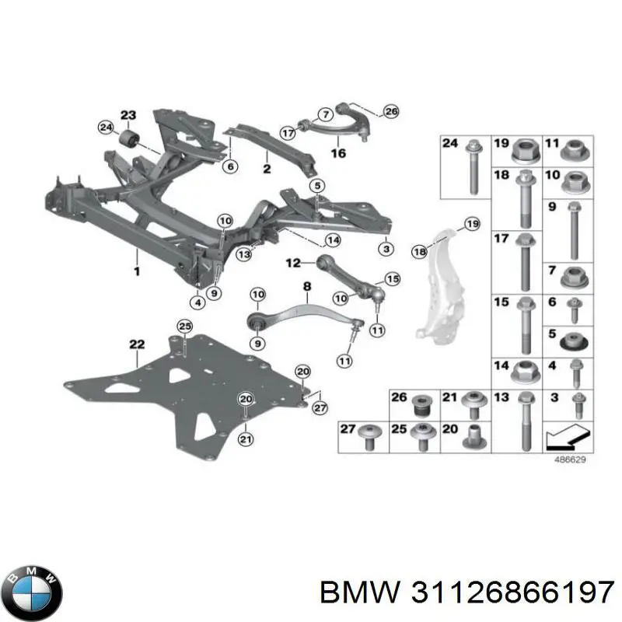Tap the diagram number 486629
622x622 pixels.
coord(570,460)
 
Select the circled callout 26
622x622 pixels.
coord(391,111)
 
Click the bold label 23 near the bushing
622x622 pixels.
coord(128,115)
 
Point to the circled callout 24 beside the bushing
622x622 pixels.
coord(106,128)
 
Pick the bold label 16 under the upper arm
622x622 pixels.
coord(338,152)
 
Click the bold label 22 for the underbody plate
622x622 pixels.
coord(137,344)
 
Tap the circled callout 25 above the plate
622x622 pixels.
coord(185,327)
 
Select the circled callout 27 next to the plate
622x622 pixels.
coord(320,407)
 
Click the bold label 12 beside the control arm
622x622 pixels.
coord(293,263)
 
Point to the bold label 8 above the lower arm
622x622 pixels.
coord(307,286)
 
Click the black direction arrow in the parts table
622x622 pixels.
coord(568,436)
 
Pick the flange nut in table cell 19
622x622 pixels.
coord(526,151)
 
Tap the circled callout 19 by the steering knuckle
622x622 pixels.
coord(472,224)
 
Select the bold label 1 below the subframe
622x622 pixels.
coord(137,271)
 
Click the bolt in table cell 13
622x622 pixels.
coord(526,421)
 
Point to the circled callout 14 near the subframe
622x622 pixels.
coord(333,240)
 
